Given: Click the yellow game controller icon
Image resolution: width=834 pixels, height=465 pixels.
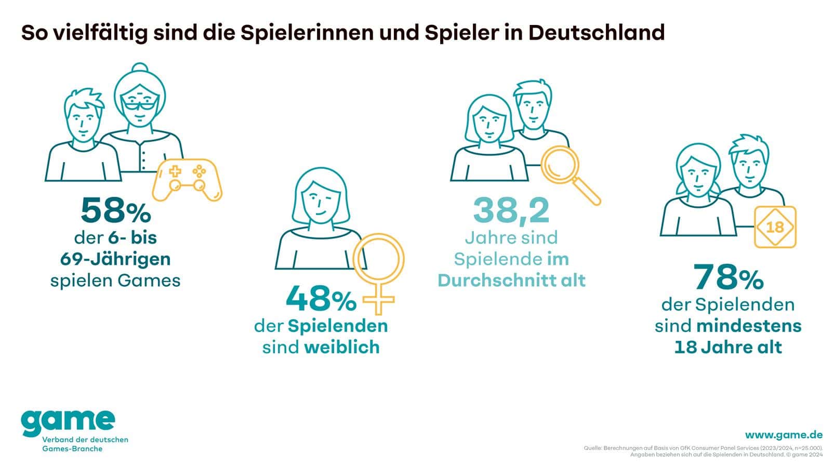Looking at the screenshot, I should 187,179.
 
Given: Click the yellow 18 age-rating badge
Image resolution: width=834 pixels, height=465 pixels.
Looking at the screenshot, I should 775,227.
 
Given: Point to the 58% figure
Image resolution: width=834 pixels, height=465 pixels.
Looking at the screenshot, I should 115,210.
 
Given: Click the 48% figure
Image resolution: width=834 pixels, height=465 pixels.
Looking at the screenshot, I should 321,298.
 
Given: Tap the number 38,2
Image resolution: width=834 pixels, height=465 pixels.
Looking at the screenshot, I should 511,210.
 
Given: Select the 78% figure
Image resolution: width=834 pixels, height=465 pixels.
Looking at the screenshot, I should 729,277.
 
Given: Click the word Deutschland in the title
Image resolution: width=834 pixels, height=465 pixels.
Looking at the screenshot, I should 597,32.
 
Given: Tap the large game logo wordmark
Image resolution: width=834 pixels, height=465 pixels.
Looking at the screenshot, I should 68,422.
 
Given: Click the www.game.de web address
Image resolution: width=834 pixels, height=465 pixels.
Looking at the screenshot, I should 784,435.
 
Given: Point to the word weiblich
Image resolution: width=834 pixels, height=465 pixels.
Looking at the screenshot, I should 342,347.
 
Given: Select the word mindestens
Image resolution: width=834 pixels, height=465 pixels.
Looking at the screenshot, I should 749,326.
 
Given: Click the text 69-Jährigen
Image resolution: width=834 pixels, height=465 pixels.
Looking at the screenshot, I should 115,258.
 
